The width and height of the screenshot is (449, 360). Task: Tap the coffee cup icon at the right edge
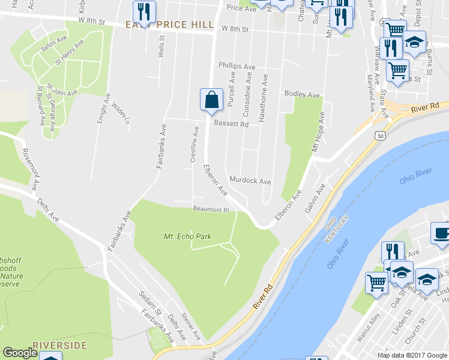pos(441,233)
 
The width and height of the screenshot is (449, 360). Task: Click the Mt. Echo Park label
pos(187,237)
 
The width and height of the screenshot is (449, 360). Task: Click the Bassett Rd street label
pos(231,125)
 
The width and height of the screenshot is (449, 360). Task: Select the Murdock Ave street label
pos(250,181)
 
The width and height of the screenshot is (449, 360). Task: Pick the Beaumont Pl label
pos(211,209)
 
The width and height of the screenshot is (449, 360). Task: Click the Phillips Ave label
pos(237,66)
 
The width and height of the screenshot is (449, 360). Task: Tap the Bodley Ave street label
pos(302,95)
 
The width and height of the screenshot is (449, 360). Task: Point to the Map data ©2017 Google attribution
pos(411,355)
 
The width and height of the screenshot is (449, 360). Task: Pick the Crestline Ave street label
pos(194,144)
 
